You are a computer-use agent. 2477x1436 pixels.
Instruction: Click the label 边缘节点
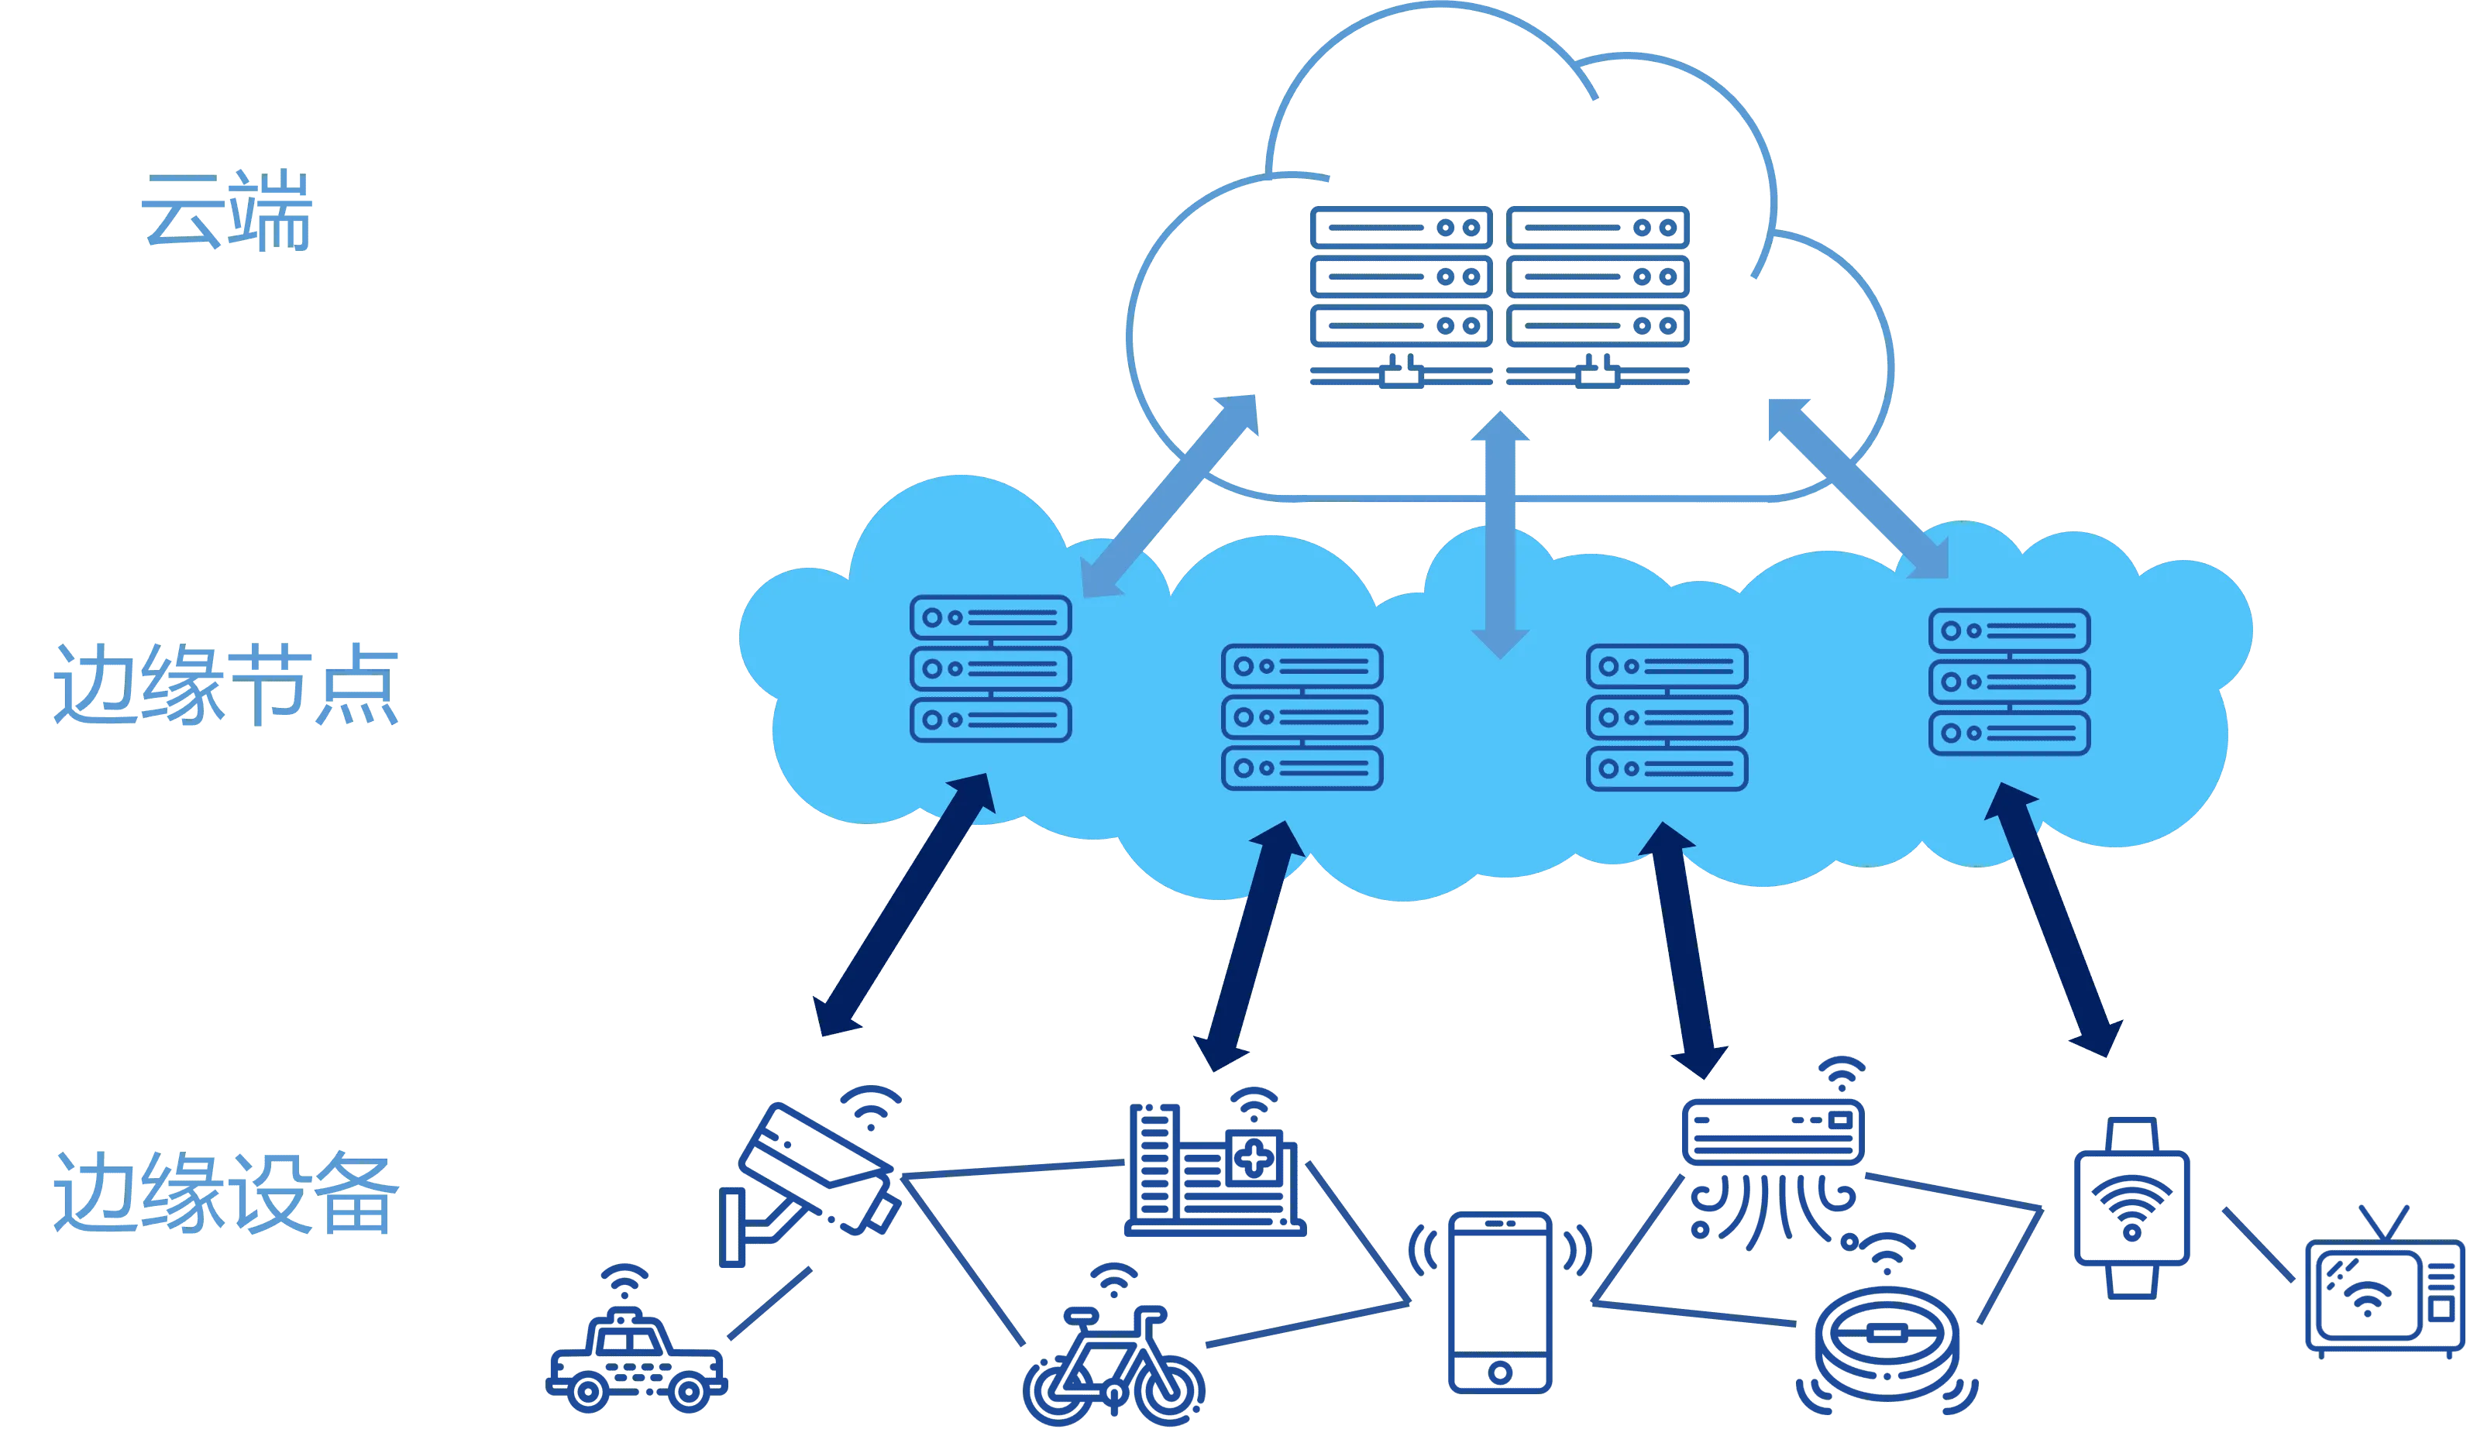[x=226, y=685]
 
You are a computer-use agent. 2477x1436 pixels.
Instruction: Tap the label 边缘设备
[x=226, y=1192]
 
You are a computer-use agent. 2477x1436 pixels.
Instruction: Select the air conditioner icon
[x=1774, y=1155]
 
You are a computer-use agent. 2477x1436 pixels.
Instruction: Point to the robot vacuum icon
[x=1887, y=1326]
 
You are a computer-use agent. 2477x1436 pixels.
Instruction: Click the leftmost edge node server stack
[x=991, y=668]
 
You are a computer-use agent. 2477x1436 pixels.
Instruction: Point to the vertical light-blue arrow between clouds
[x=1500, y=534]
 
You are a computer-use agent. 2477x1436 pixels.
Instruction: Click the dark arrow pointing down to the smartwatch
[x=2054, y=920]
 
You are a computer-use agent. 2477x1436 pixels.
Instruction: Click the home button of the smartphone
[x=1500, y=1372]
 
